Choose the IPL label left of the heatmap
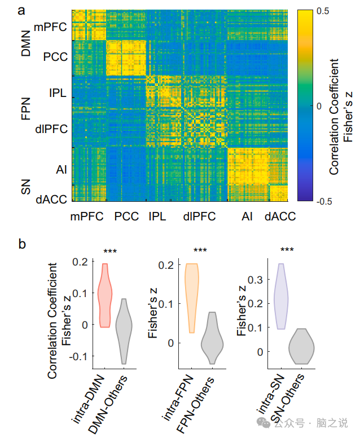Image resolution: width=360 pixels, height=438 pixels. coord(57,94)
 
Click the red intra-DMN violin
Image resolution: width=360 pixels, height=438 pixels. coord(103,296)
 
